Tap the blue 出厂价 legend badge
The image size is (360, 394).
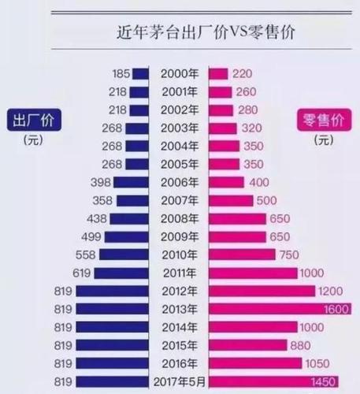(33, 121)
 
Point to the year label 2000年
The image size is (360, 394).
(179, 73)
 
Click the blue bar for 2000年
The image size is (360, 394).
(140, 73)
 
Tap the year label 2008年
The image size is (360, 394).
(179, 218)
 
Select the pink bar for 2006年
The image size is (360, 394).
(226, 182)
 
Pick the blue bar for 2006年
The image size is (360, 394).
(132, 182)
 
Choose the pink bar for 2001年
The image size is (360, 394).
(218, 92)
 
